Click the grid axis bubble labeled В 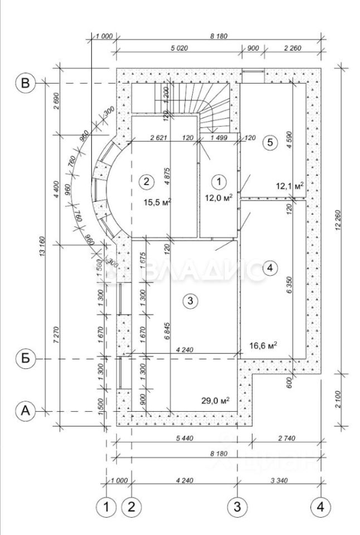click(25, 84)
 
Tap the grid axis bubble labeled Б click(25, 359)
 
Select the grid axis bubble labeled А click(25, 411)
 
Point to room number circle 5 click(270, 143)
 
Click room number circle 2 click(147, 181)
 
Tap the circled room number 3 click(190, 301)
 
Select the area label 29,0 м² click(217, 401)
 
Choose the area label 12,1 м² click(290, 186)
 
